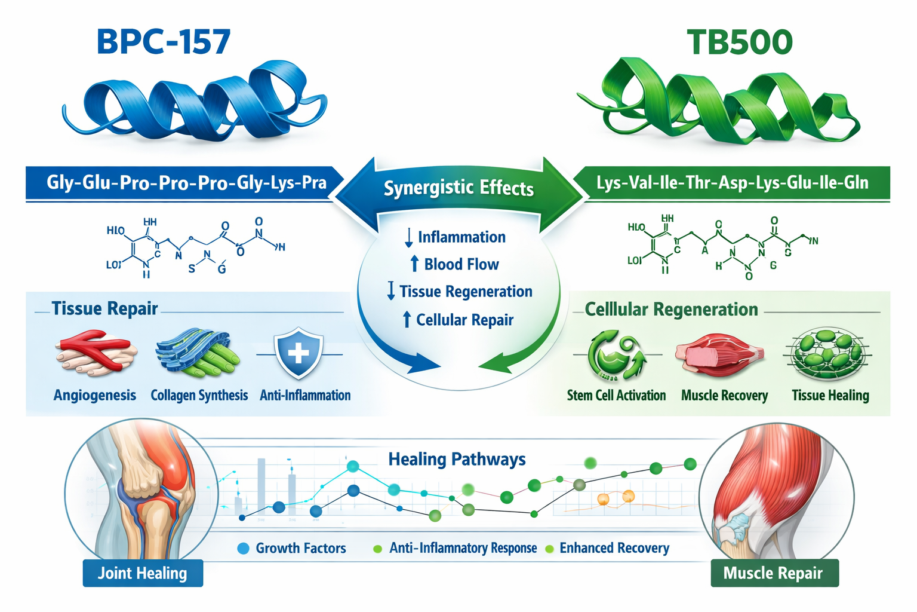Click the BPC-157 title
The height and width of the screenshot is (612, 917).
point(164,42)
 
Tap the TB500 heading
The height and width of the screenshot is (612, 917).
point(739,42)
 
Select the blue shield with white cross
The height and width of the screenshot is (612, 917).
point(298,354)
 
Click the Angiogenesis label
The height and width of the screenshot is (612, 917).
point(95,396)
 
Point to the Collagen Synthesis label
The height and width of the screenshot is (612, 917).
point(199,396)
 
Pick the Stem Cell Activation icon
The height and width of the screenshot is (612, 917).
point(616,356)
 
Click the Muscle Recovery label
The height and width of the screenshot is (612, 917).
point(724,396)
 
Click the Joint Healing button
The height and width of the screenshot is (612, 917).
point(143,573)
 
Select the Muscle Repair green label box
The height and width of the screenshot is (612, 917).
point(774,573)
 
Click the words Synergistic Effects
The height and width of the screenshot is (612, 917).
point(458,188)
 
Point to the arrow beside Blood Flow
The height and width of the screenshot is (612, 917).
point(414,264)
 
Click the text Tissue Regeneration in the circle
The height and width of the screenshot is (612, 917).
point(466,292)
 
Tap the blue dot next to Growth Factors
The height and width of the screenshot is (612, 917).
point(243,548)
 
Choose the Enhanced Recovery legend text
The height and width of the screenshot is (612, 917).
point(614,548)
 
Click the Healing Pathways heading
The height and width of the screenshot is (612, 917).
point(457,460)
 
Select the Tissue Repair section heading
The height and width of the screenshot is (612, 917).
point(104,308)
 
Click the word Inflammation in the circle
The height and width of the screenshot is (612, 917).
point(461,237)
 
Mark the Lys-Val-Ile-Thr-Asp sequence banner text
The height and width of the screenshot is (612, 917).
point(732,183)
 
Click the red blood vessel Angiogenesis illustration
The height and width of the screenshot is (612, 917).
point(96,353)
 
